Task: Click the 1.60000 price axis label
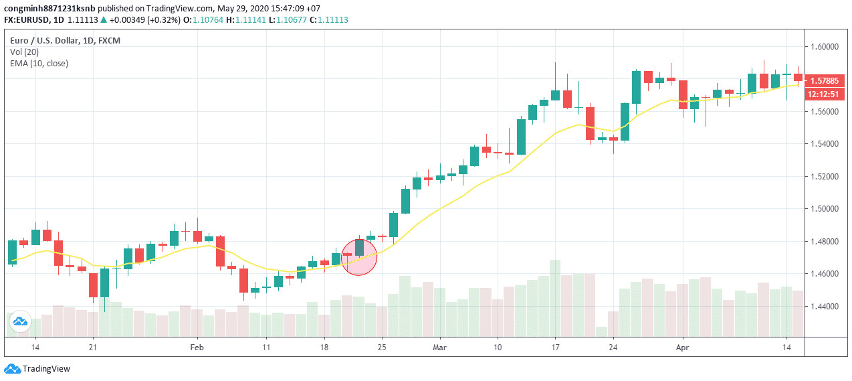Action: tap(824, 46)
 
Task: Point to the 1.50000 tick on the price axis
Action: tap(824, 209)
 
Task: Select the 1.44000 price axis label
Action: tap(824, 307)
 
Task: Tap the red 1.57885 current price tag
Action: tap(824, 81)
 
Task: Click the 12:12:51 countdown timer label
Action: tap(824, 94)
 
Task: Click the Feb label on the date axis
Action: tap(197, 348)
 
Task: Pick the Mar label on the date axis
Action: tap(439, 348)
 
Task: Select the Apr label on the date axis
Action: tap(682, 348)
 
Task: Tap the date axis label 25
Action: tap(382, 348)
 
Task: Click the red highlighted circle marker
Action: tap(359, 256)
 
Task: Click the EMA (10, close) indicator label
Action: tap(39, 64)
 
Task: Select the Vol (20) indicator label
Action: tap(25, 52)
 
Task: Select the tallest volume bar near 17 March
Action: tap(555, 298)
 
